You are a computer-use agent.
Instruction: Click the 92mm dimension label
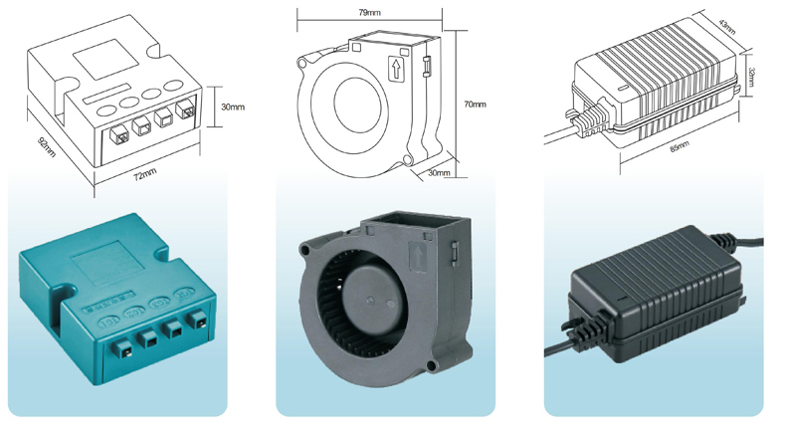[47, 146]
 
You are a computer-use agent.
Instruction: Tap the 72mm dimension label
[145, 173]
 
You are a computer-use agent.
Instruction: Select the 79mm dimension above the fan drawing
[370, 13]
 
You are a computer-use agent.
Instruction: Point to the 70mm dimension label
[475, 105]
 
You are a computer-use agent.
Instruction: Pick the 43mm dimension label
[727, 27]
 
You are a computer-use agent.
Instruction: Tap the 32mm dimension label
[750, 77]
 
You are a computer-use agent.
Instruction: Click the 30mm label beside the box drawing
[233, 107]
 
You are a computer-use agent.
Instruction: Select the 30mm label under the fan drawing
[439, 172]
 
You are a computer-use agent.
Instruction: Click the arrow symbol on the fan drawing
[396, 69]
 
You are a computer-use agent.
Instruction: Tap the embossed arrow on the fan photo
[417, 256]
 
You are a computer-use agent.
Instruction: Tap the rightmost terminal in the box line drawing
[184, 108]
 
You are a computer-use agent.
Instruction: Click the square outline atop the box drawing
[105, 59]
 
